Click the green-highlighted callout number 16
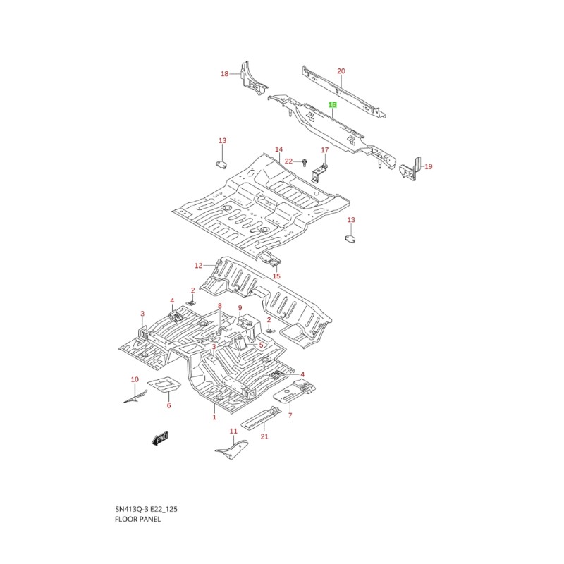pos(333,104)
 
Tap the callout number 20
pos(341,71)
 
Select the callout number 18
pos(224,74)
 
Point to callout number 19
pos(429,166)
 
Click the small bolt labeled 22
pos(305,162)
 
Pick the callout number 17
pos(325,150)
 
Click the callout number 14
pos(279,149)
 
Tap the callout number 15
pos(276,276)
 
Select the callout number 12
pos(199,266)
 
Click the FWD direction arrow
pos(160,439)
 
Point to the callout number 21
pos(264,436)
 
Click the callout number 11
pos(233,431)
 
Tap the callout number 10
pos(135,379)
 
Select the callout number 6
pos(168,405)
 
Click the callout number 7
pos(290,415)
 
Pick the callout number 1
pos(214,417)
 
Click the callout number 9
pos(240,308)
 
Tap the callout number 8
pos(220,306)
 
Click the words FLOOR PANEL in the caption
pos(137,519)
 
